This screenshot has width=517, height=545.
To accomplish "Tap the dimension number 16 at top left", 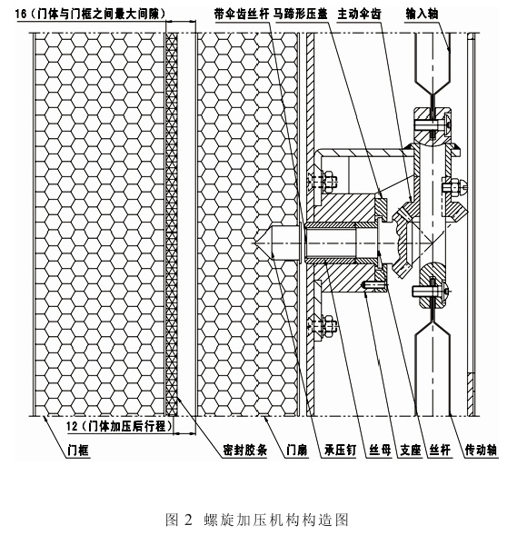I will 22,16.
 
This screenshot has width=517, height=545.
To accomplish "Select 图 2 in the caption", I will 177,521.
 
